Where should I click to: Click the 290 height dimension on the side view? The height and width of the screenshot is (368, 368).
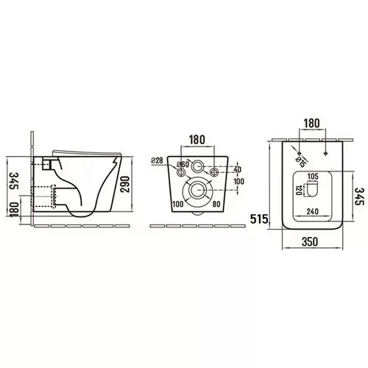125,184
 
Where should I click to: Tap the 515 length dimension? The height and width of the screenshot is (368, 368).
259,219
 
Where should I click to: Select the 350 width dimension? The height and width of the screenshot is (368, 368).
310,241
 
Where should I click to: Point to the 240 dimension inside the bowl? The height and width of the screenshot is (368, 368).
313,211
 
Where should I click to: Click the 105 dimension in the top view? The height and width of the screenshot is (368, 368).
313,176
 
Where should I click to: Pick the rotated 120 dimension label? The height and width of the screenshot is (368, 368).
299,190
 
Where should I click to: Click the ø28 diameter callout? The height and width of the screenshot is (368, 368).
157,160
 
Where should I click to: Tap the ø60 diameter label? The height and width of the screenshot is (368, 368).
183,165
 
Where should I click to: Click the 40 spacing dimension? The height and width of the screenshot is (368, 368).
238,169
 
